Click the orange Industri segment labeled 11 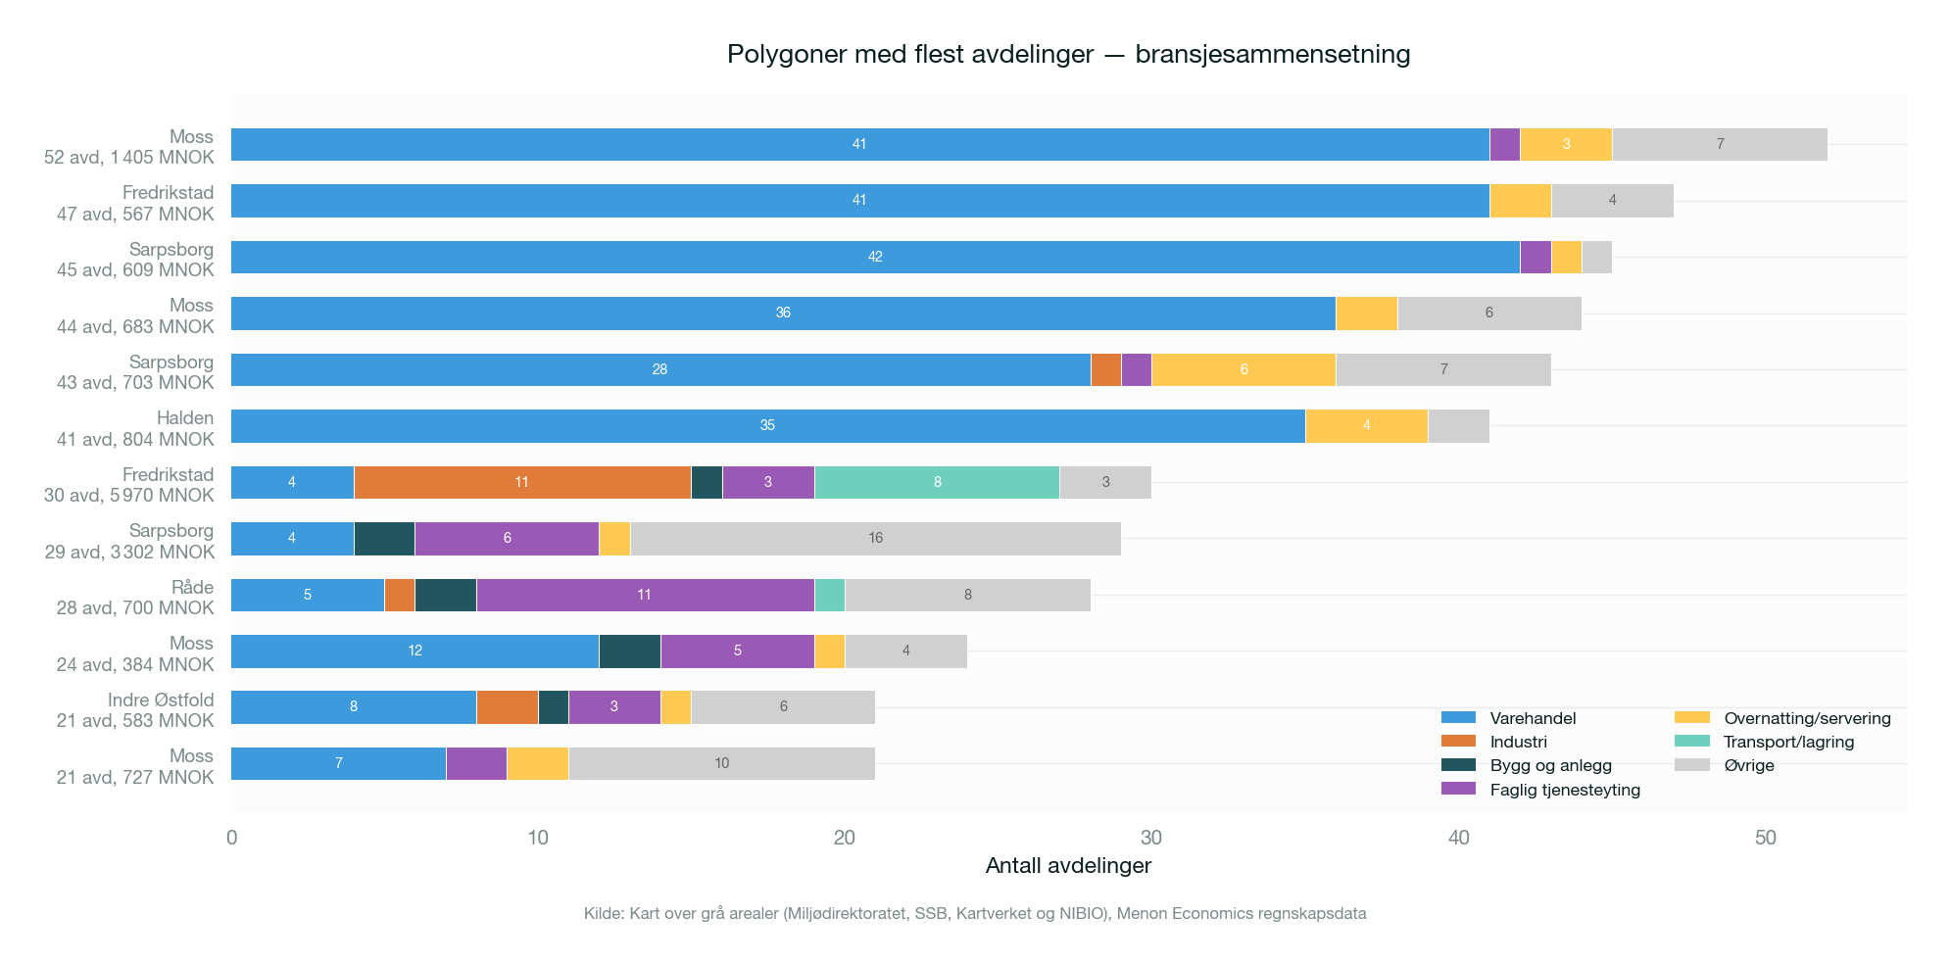click(x=522, y=482)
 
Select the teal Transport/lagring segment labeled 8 click(x=937, y=482)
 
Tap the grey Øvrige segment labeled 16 click(x=875, y=539)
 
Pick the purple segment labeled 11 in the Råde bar click(x=645, y=595)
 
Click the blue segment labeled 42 click(x=875, y=257)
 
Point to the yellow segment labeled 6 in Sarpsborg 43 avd click(x=1244, y=369)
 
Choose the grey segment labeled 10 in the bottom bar click(x=721, y=763)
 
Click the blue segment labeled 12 click(x=415, y=651)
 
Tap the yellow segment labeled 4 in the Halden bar click(x=1366, y=426)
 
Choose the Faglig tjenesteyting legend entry click(x=1564, y=790)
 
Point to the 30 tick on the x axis click(x=1151, y=838)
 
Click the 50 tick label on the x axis click(x=1765, y=838)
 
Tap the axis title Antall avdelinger click(x=1068, y=866)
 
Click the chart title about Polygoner click(x=1068, y=54)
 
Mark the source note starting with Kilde click(x=975, y=913)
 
